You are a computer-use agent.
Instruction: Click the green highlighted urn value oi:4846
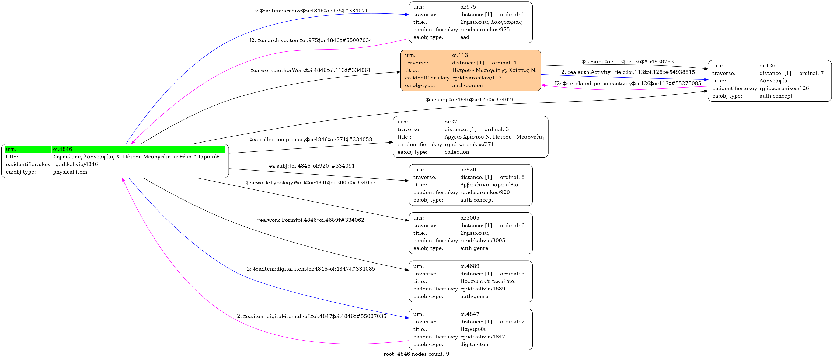(62, 149)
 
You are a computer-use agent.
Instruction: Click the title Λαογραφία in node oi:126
(773, 81)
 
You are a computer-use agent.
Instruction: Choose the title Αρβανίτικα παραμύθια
(489, 185)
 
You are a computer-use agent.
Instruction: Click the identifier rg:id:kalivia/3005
(482, 240)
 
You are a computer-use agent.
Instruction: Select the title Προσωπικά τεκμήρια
(487, 281)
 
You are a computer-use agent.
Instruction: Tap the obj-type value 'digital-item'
(475, 344)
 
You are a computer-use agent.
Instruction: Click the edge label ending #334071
(311, 11)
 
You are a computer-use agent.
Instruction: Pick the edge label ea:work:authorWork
(311, 70)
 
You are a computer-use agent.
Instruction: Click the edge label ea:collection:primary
(311, 139)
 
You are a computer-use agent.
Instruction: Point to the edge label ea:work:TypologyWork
(311, 182)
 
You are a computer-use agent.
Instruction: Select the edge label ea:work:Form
(311, 220)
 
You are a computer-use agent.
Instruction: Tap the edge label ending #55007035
(311, 316)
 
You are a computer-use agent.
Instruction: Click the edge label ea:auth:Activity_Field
(628, 72)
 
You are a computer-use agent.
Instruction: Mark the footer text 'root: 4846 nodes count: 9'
(416, 354)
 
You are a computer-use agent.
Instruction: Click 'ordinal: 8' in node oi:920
(512, 177)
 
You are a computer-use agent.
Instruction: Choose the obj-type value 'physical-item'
(70, 172)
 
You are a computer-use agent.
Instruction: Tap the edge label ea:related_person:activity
(628, 84)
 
